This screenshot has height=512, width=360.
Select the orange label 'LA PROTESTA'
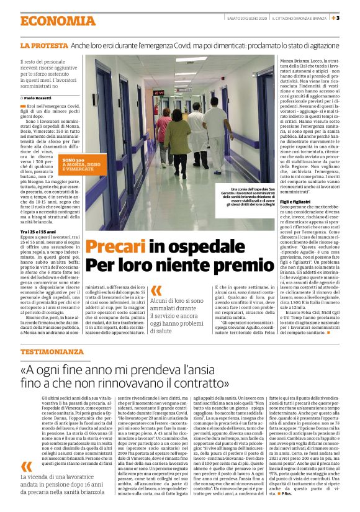click(43, 46)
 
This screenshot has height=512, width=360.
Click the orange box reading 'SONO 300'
click(72, 160)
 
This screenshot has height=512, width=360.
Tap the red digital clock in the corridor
click(159, 92)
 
